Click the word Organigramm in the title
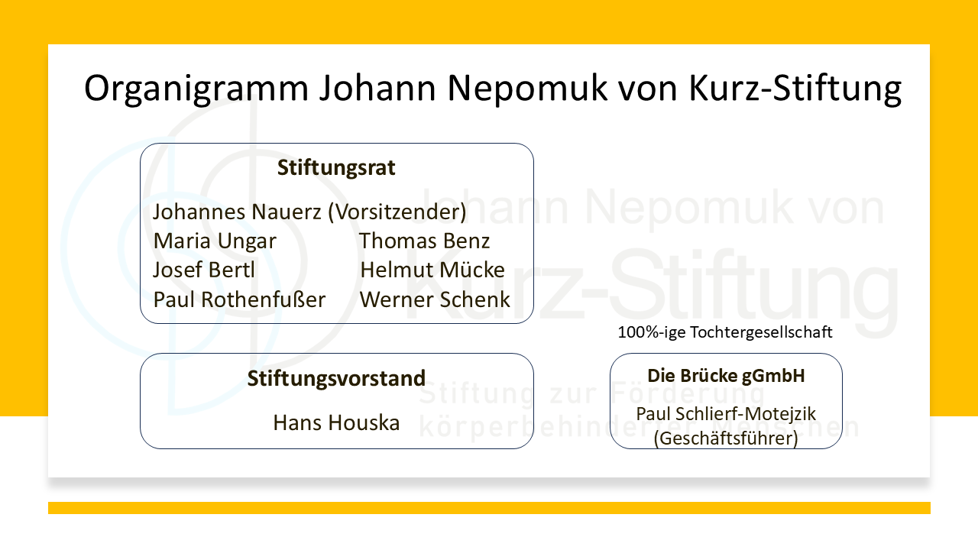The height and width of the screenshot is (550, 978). click(196, 89)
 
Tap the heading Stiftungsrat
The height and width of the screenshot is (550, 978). click(336, 167)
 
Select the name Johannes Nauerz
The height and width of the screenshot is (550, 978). click(237, 212)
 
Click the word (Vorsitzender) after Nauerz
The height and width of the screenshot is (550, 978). click(397, 212)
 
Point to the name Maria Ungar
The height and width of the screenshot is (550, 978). click(215, 241)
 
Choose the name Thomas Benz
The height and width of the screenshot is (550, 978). click(424, 241)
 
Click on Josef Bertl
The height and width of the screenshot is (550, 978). click(203, 270)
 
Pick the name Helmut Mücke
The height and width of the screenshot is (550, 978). click(432, 270)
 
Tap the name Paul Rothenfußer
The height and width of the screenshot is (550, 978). click(239, 299)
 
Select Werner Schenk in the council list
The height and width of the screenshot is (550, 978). click(435, 299)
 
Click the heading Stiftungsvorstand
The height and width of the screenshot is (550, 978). click(336, 378)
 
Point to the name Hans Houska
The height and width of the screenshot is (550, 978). click(336, 422)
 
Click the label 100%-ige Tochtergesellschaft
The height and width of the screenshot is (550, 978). click(725, 332)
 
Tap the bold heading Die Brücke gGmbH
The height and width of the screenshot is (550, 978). click(726, 376)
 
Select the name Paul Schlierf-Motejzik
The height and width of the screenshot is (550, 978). click(726, 414)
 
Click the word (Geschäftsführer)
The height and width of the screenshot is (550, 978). click(726, 438)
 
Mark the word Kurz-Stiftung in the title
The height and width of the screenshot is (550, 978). click(795, 89)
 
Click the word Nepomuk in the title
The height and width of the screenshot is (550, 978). click(527, 89)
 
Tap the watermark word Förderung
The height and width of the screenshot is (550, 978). click(687, 393)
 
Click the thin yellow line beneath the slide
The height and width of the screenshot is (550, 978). click(489, 508)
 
